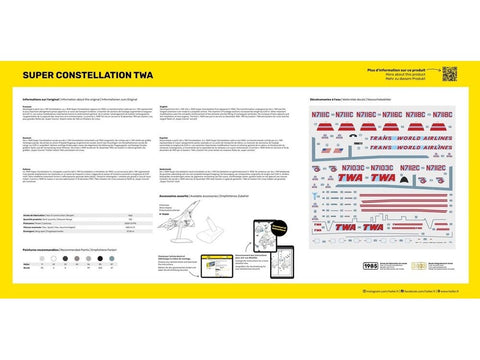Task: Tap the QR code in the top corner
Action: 449,73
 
